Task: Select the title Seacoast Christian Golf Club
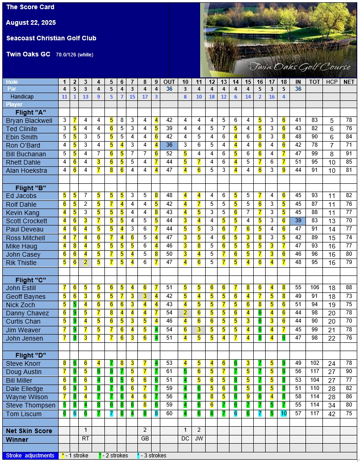pyautogui.click(x=51, y=38)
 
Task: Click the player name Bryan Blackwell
pyautogui.click(x=29, y=121)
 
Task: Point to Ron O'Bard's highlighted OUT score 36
pyautogui.click(x=169, y=145)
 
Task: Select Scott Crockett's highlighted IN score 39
pyautogui.click(x=298, y=221)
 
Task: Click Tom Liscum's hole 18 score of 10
pyautogui.click(x=284, y=414)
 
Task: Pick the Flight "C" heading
pyautogui.click(x=31, y=280)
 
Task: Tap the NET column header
pyautogui.click(x=349, y=82)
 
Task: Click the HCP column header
pyautogui.click(x=331, y=82)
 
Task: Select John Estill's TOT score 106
pyautogui.click(x=315, y=288)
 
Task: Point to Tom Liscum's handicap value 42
pyautogui.click(x=332, y=414)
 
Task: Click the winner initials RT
pyautogui.click(x=86, y=439)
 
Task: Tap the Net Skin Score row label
pyautogui.click(x=28, y=431)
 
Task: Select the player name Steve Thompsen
pyautogui.click(x=31, y=406)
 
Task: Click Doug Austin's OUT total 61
pyautogui.click(x=169, y=372)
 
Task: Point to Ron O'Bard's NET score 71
pyautogui.click(x=349, y=146)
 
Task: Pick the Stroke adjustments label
pyautogui.click(x=30, y=456)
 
